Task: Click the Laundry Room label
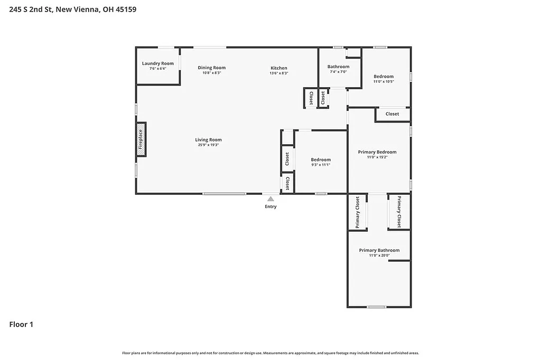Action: (x=157, y=63)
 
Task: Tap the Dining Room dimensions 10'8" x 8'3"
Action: (x=211, y=73)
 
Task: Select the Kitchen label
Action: (x=279, y=68)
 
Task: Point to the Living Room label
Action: (x=208, y=140)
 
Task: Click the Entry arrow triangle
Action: (x=270, y=199)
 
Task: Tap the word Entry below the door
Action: (x=270, y=206)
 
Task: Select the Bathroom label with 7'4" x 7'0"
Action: (x=338, y=67)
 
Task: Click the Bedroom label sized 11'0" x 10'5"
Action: (x=384, y=76)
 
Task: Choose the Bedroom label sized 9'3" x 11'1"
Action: (x=321, y=159)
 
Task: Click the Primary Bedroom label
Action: (x=377, y=152)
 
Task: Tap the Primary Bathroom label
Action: (x=379, y=250)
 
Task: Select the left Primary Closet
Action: (x=358, y=212)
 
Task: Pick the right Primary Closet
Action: (x=399, y=212)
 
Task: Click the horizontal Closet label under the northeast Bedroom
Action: (x=392, y=114)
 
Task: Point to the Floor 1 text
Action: (x=21, y=325)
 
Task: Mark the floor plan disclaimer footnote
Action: (x=270, y=353)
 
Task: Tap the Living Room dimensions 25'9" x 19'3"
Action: (x=208, y=145)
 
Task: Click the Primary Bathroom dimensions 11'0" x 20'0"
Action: (x=379, y=256)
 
